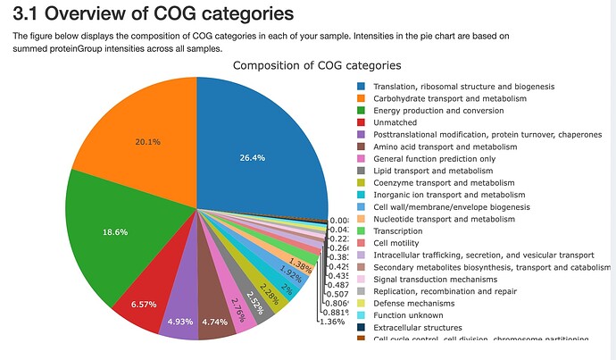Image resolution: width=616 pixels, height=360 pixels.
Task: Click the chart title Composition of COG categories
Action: (x=317, y=66)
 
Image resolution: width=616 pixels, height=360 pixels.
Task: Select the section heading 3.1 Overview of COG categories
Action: (x=152, y=14)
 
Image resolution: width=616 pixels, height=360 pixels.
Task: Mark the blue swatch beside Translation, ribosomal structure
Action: (x=362, y=86)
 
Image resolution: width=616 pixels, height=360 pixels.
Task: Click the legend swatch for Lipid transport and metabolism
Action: (x=362, y=171)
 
